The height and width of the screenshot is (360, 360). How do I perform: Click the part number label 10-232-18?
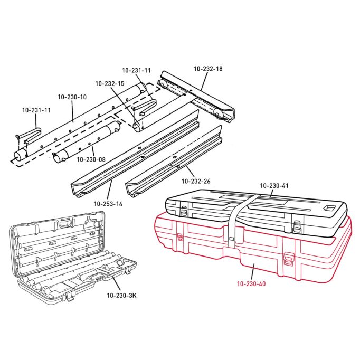tap(207, 69)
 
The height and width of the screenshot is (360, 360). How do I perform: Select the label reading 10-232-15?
tap(110, 83)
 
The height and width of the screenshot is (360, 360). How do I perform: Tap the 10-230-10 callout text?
tap(72, 97)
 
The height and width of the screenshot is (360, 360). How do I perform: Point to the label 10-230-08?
tap(91, 159)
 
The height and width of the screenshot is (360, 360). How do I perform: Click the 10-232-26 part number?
tap(196, 181)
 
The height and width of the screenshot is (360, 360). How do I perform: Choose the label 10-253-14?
tap(108, 203)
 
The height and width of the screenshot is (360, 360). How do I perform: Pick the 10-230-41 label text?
tap(274, 185)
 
